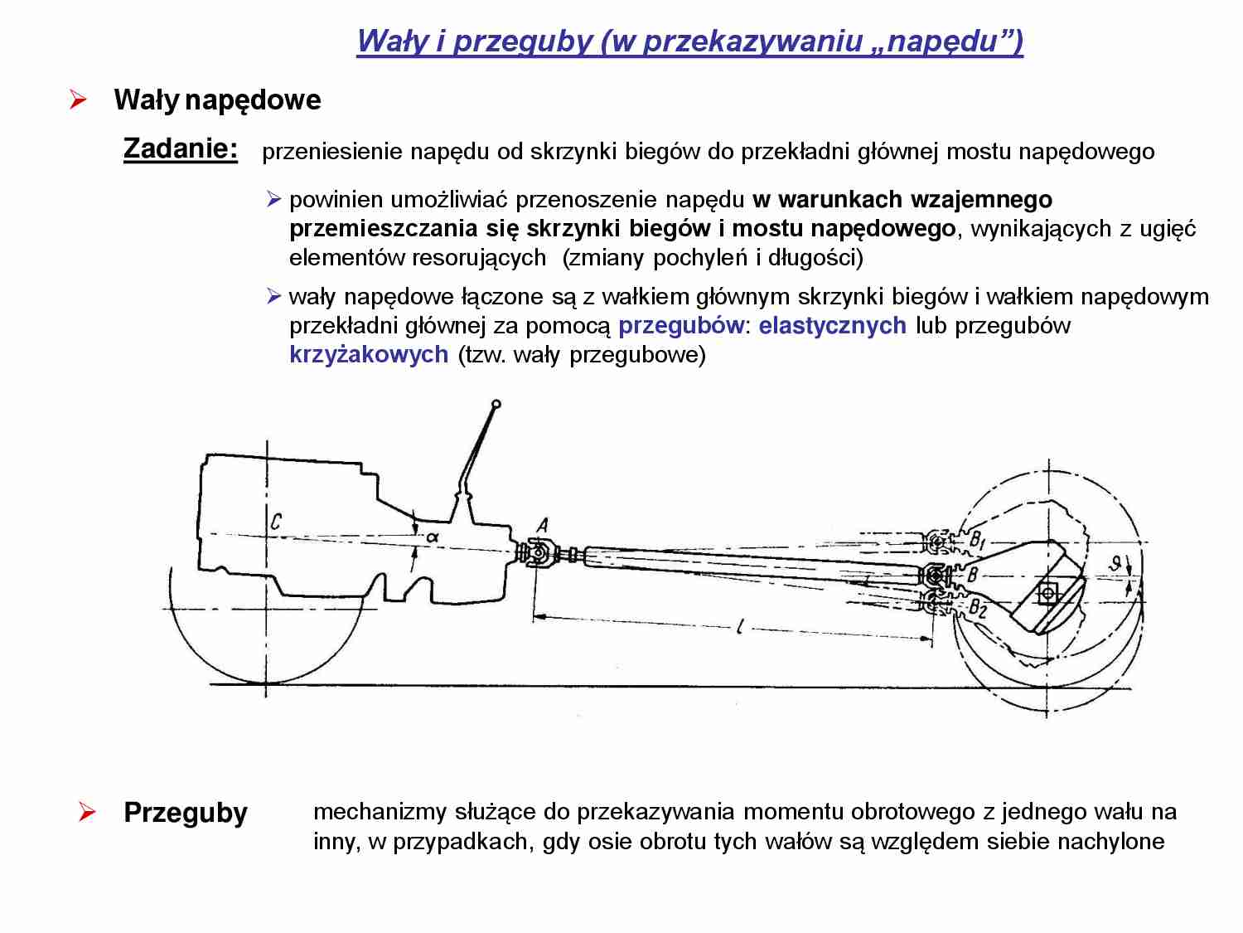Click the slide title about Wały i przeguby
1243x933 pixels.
click(x=689, y=40)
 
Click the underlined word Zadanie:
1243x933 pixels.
click(x=180, y=148)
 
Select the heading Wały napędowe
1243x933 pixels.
click(x=217, y=100)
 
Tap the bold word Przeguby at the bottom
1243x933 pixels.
click(x=185, y=812)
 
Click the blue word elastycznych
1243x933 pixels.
click(x=832, y=325)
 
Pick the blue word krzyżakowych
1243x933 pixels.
click(x=369, y=354)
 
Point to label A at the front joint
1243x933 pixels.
click(x=543, y=525)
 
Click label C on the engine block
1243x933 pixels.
click(x=276, y=521)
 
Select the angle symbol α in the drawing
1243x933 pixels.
click(x=432, y=537)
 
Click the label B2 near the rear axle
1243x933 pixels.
click(x=978, y=609)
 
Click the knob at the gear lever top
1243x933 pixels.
click(x=496, y=405)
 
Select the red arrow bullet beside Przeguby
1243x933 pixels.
click(x=87, y=812)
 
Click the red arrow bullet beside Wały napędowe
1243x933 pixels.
click(x=78, y=100)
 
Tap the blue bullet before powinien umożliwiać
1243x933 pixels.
click(x=274, y=199)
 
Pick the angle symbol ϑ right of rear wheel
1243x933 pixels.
click(x=1116, y=564)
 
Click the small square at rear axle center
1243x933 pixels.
click(x=1048, y=593)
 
